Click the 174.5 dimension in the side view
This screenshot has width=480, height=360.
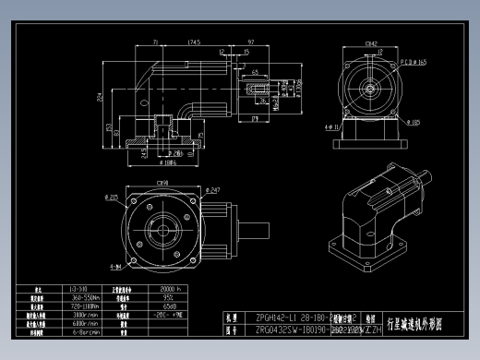tap(195, 42)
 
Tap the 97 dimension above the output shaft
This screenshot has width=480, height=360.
tap(252, 42)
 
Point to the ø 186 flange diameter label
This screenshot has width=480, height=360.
tap(171, 162)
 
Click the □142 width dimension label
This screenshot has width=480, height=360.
tap(372, 42)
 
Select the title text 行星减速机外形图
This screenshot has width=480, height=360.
tap(417, 325)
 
